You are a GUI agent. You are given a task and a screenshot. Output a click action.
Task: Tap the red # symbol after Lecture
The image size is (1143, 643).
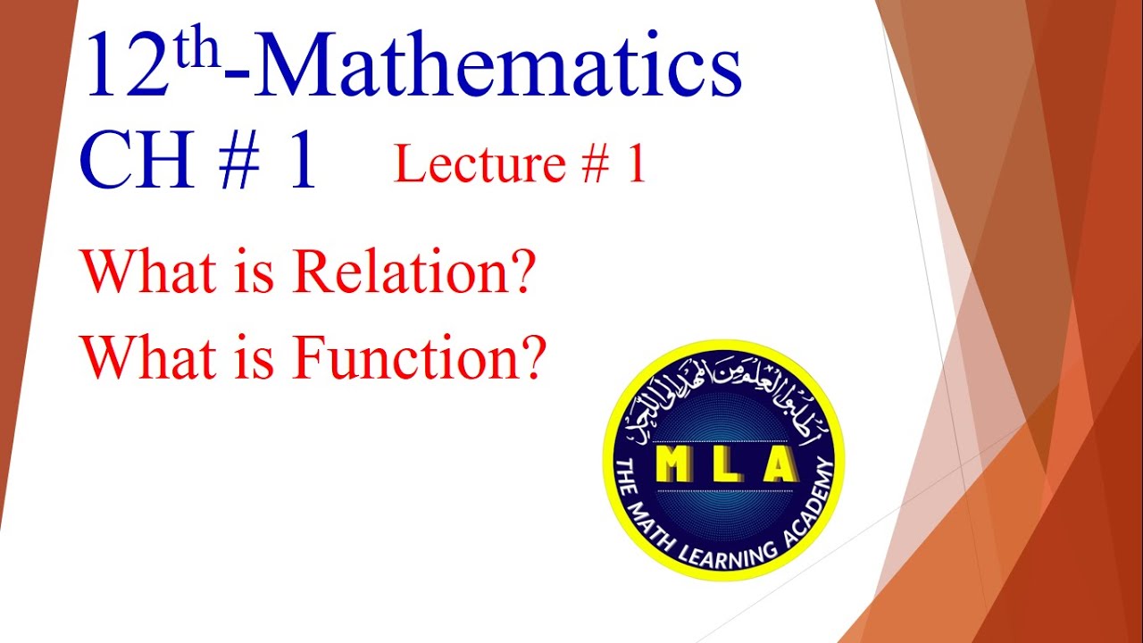point(591,166)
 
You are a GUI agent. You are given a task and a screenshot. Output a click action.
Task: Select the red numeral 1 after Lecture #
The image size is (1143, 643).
point(636,166)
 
